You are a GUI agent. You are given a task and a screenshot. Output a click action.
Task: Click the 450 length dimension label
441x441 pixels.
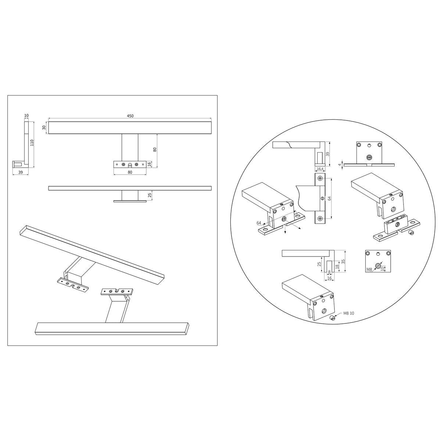(x=130, y=116)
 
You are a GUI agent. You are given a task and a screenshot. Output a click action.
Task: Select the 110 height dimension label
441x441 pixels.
(x=32, y=143)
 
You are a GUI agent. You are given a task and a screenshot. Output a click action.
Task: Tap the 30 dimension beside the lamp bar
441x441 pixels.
(x=44, y=128)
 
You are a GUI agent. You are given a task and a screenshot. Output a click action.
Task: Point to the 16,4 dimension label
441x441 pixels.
(x=320, y=169)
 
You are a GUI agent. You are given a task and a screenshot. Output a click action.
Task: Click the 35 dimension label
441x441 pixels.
(x=343, y=261)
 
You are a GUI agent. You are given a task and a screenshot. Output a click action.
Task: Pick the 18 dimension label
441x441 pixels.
(x=337, y=266)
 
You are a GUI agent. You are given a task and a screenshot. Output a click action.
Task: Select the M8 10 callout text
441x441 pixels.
(x=348, y=313)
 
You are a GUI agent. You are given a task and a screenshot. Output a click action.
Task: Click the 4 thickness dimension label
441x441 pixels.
(x=340, y=165)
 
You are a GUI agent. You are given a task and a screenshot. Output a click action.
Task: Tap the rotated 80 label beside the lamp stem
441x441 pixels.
(x=155, y=150)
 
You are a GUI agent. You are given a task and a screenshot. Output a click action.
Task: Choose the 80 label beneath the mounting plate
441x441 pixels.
(x=130, y=172)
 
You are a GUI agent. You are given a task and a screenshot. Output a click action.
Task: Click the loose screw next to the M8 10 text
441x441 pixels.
(x=332, y=318)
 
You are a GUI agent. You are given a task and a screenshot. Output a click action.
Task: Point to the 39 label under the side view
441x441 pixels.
(x=21, y=172)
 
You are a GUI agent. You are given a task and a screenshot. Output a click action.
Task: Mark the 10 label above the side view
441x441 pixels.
(x=26, y=116)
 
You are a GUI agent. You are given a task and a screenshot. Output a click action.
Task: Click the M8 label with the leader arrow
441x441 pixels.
(x=369, y=270)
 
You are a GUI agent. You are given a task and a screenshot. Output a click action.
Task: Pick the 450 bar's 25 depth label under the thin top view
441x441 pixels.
(x=150, y=195)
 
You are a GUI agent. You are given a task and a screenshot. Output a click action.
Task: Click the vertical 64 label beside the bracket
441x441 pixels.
(x=329, y=198)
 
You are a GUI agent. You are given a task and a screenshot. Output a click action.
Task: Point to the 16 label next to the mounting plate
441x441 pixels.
(x=150, y=164)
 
